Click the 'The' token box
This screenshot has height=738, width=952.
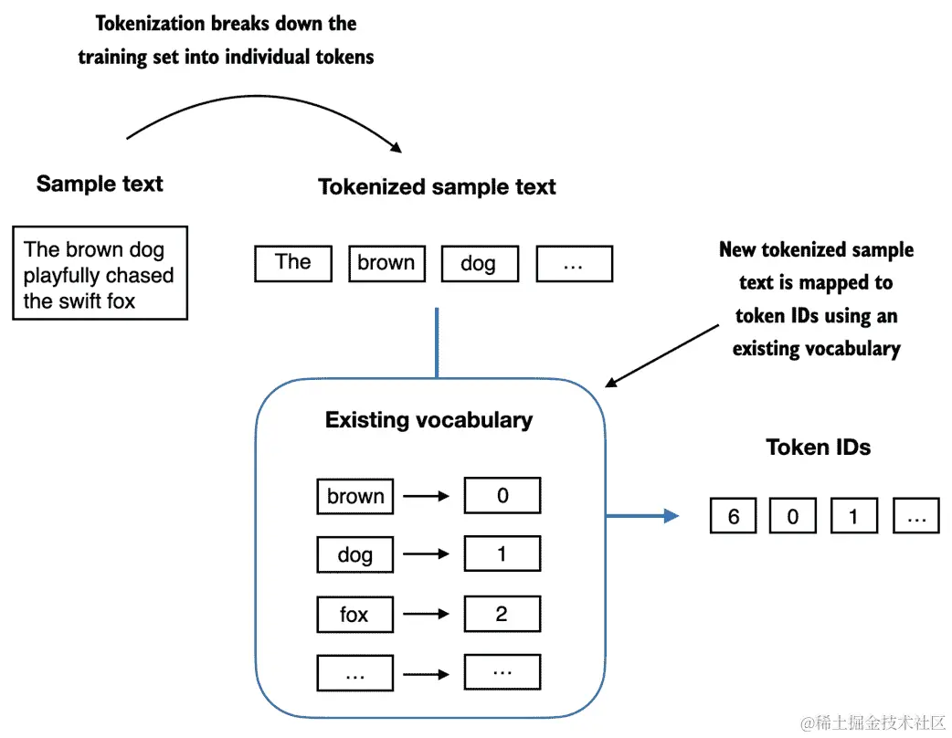click(293, 263)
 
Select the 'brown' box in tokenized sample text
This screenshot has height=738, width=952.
click(386, 263)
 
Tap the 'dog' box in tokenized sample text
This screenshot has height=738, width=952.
click(481, 263)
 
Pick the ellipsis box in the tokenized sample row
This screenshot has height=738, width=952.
click(575, 263)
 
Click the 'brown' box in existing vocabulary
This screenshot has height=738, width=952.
click(355, 497)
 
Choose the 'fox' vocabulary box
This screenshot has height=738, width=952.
click(355, 614)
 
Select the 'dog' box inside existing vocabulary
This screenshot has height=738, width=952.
click(355, 554)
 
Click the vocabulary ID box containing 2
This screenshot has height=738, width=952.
click(502, 614)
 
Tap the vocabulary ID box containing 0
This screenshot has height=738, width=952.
click(502, 495)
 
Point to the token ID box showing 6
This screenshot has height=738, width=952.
click(734, 516)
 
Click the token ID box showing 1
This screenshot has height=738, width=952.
click(854, 516)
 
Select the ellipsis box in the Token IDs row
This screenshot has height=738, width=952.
click(916, 516)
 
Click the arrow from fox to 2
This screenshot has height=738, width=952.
click(427, 614)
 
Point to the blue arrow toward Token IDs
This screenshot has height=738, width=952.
click(642, 516)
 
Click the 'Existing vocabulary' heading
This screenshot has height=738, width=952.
click(428, 420)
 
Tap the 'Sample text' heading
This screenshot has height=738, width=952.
click(100, 184)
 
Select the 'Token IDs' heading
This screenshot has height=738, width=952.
click(818, 448)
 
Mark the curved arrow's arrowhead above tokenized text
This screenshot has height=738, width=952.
click(396, 147)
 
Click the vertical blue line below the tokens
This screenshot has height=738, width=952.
click(437, 343)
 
